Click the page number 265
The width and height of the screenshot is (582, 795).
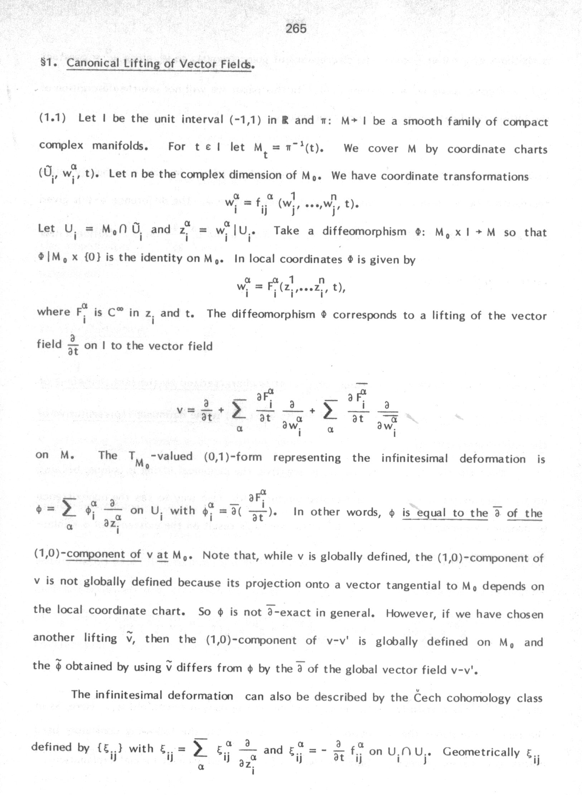point(296,28)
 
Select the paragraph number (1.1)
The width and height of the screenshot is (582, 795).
point(52,118)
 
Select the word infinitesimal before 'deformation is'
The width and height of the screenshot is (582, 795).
point(414,458)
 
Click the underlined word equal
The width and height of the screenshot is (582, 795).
point(432,513)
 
